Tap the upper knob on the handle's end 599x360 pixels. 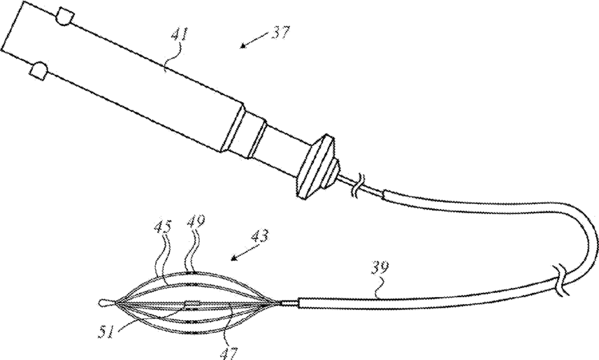[64, 16]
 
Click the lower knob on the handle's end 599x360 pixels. [38, 70]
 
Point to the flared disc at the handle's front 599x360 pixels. [318, 165]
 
